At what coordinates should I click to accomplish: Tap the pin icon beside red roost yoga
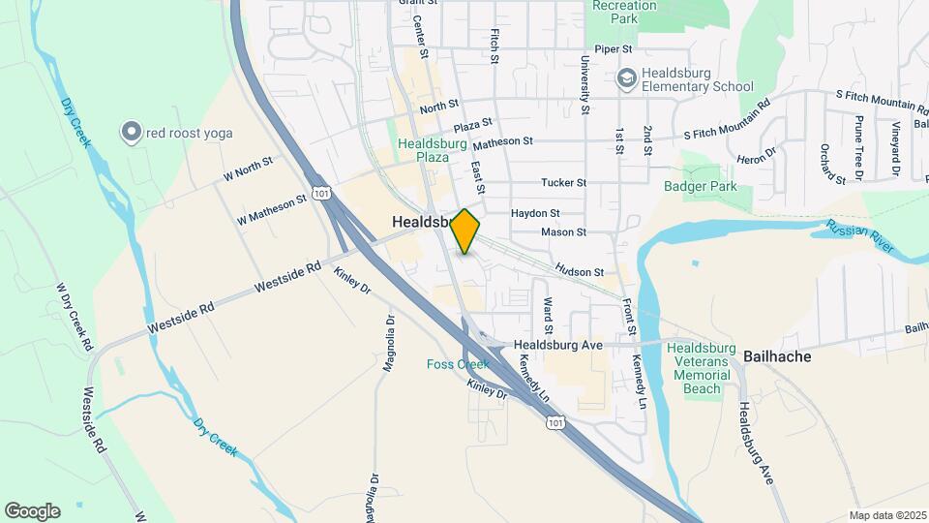(x=130, y=132)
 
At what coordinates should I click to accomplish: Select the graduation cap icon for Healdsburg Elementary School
(x=626, y=77)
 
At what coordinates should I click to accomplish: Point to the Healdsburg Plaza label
(x=424, y=150)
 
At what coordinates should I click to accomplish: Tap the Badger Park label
(x=701, y=186)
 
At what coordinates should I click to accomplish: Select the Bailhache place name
(x=777, y=356)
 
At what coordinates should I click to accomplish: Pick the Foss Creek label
(x=458, y=364)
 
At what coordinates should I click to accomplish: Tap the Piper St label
(x=614, y=48)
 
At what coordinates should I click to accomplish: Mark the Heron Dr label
(x=758, y=156)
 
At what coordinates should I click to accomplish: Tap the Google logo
(x=32, y=510)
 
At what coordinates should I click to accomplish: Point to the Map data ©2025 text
(x=885, y=515)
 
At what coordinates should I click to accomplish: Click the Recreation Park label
(x=625, y=12)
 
